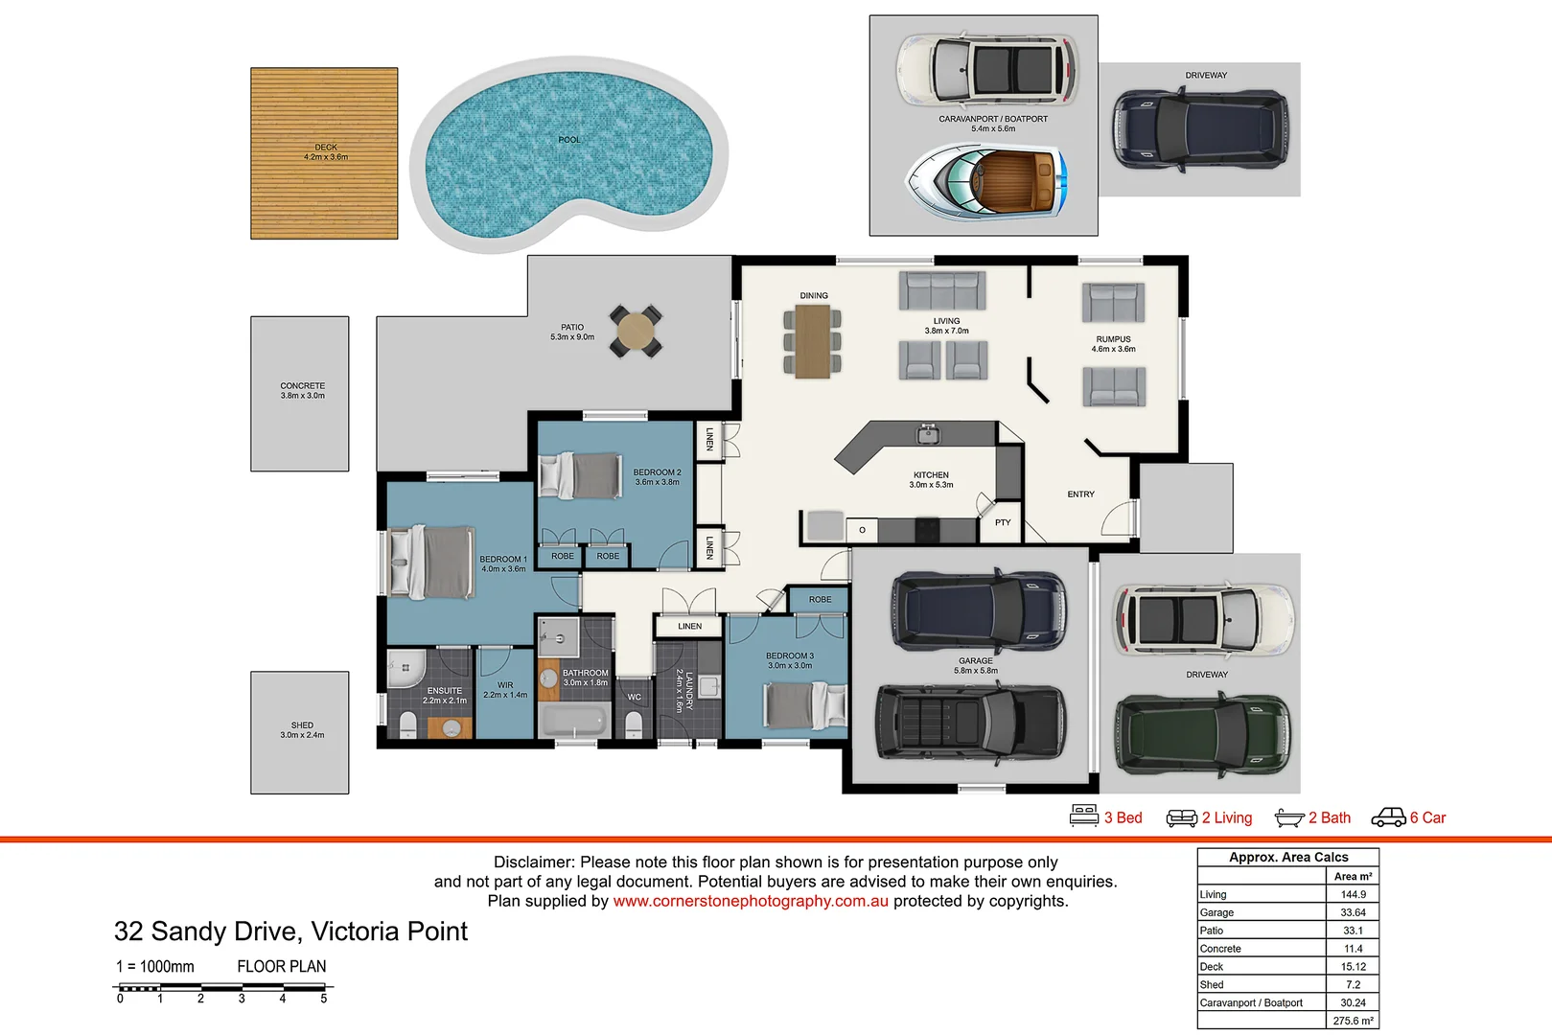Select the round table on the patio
pyautogui.click(x=636, y=332)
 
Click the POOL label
pyautogui.click(x=569, y=140)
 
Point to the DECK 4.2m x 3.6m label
pyautogui.click(x=326, y=152)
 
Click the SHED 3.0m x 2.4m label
pyautogui.click(x=302, y=730)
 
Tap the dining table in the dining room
pyautogui.click(x=812, y=340)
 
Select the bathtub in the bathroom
pyautogui.click(x=572, y=720)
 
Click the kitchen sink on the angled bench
pyautogui.click(x=927, y=435)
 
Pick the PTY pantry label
pyautogui.click(x=1003, y=523)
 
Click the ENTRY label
pyautogui.click(x=1080, y=494)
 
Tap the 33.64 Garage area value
pyautogui.click(x=1353, y=912)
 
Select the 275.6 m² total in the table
pyautogui.click(x=1353, y=1021)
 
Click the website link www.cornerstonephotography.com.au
pyautogui.click(x=751, y=901)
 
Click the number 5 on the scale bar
pyautogui.click(x=323, y=999)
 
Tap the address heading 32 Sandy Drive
pyautogui.click(x=290, y=931)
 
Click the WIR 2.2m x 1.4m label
pyautogui.click(x=505, y=690)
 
